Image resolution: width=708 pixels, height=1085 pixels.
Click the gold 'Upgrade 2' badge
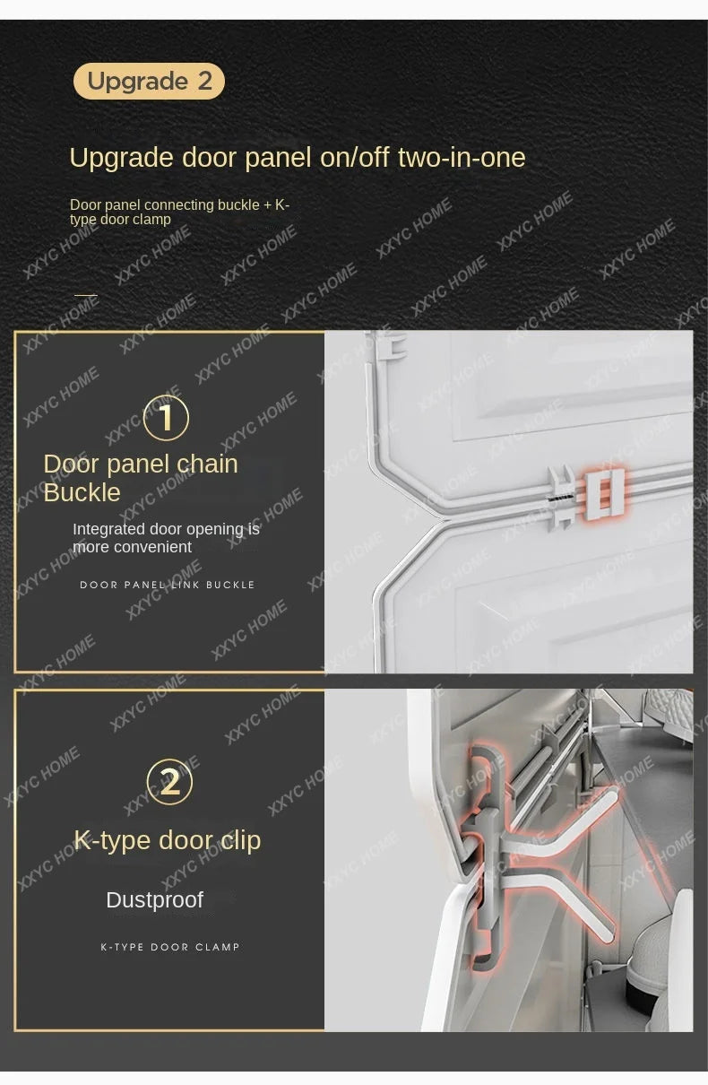[x=149, y=81]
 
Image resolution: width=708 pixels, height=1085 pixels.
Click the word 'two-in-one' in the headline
[x=462, y=158]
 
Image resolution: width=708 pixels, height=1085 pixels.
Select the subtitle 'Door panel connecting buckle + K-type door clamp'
[x=179, y=213]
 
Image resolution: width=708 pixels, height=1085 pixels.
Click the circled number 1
[x=166, y=418]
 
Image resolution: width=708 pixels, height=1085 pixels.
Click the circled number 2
[x=169, y=782]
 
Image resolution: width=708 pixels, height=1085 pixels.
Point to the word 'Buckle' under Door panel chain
[x=82, y=492]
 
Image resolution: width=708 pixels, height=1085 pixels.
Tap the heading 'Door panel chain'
[x=141, y=464]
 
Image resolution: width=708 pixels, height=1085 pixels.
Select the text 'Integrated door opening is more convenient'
[x=166, y=538]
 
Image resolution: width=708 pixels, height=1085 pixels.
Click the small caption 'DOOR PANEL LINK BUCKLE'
[x=167, y=585]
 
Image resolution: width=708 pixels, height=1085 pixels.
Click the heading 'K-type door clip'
[x=168, y=840]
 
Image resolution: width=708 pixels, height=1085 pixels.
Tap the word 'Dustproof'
[x=154, y=900]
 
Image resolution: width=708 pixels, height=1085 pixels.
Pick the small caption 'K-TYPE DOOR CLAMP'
[x=170, y=947]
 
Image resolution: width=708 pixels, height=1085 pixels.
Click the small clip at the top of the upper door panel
[x=392, y=346]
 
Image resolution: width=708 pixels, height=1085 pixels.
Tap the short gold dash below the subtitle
[x=86, y=294]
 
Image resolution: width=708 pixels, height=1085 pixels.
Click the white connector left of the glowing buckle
[x=561, y=498]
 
